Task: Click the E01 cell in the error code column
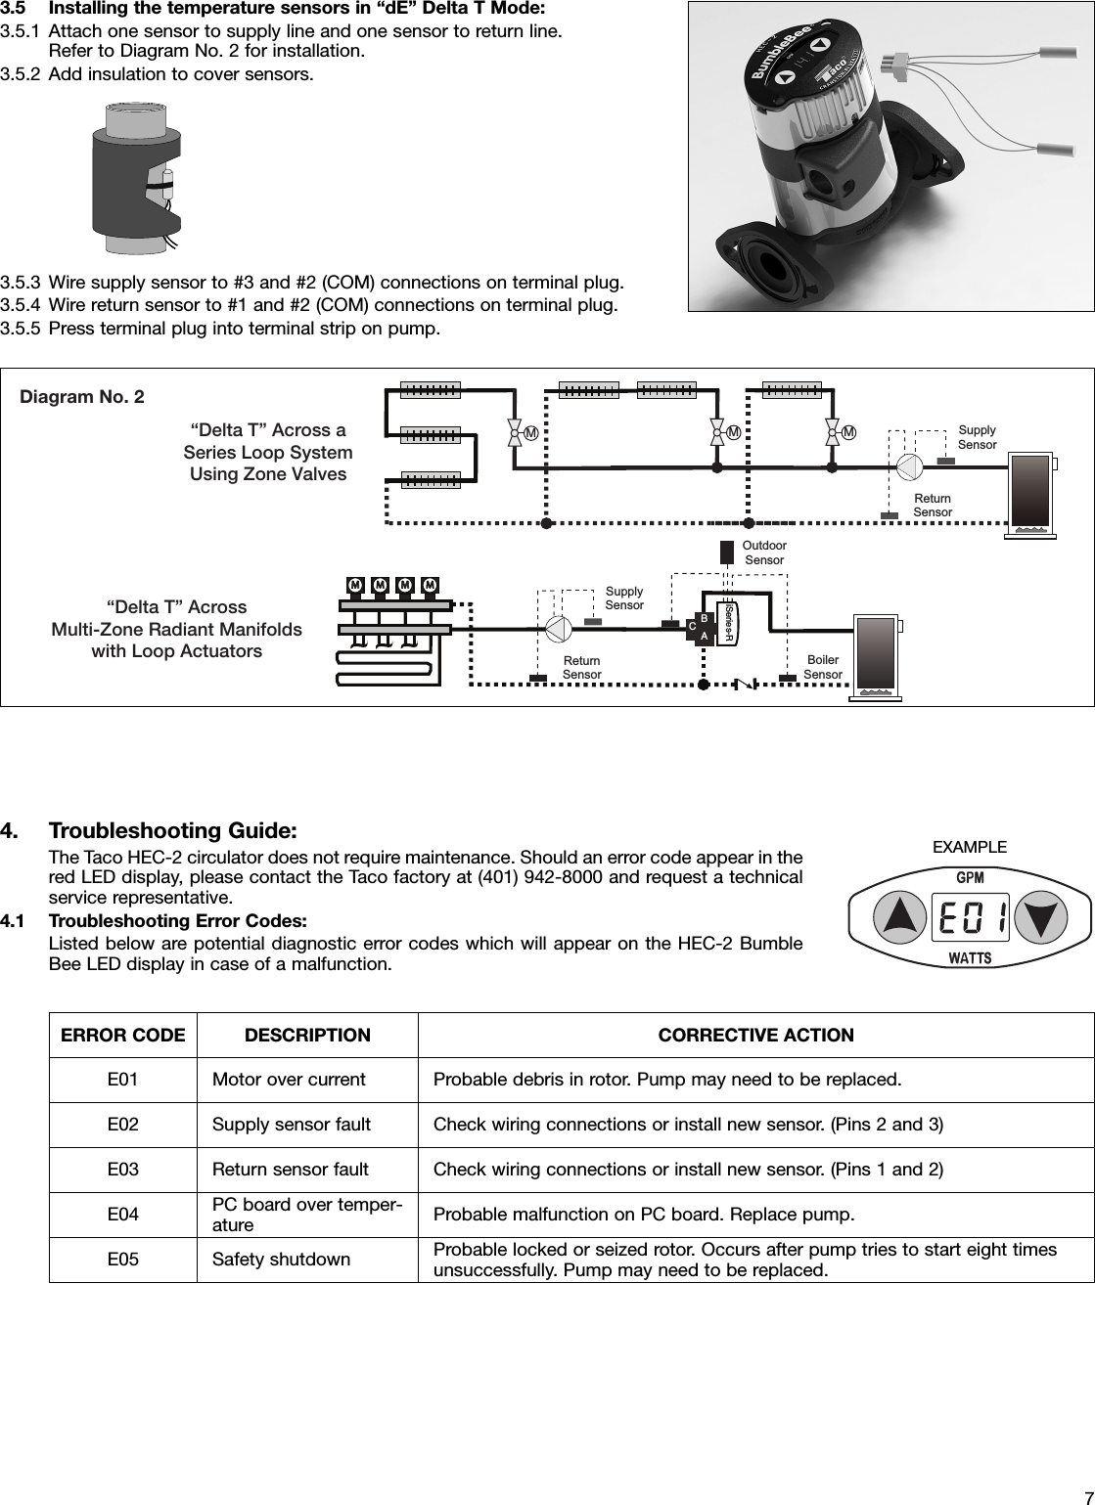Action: (x=122, y=1080)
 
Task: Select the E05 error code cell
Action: (x=122, y=1260)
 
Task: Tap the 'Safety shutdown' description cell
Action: (x=281, y=1260)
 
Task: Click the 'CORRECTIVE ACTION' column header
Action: (x=755, y=1035)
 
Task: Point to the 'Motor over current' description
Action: (x=289, y=1080)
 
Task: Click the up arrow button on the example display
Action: (x=897, y=916)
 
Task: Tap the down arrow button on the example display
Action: (x=1040, y=916)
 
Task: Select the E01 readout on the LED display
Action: (x=969, y=917)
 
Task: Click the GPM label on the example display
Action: (x=969, y=877)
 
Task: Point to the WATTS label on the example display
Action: (x=969, y=958)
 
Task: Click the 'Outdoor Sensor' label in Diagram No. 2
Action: (x=764, y=553)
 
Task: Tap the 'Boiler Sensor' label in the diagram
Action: (x=822, y=668)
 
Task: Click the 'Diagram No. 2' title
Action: (x=82, y=396)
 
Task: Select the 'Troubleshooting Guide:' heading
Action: (x=172, y=831)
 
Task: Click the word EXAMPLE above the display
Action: (x=969, y=847)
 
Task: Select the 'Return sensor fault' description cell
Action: (x=291, y=1170)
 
